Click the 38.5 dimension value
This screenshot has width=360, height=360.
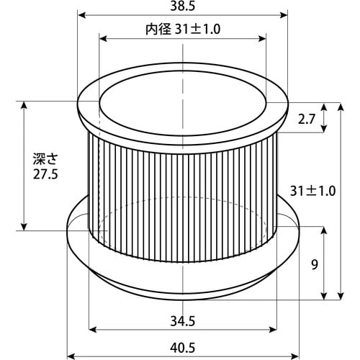[x=183, y=6]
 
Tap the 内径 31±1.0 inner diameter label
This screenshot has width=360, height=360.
[x=183, y=30]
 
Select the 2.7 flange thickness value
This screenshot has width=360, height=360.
[x=306, y=119]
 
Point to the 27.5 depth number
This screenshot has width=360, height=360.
[x=45, y=174]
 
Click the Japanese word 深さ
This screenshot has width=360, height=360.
[x=45, y=159]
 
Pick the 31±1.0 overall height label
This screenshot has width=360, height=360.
[x=312, y=192]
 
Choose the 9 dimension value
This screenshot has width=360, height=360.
[x=315, y=265]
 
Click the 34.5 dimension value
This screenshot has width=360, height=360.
[x=183, y=321]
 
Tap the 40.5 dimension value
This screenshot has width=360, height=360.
[x=183, y=348]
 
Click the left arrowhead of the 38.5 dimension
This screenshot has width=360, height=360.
[x=82, y=15]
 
